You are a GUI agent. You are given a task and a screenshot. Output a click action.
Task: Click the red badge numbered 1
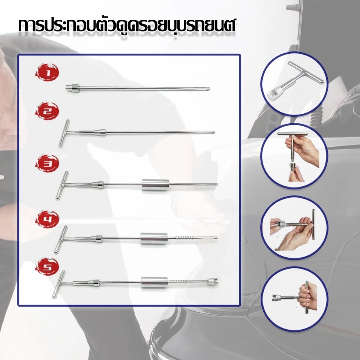click(47, 72)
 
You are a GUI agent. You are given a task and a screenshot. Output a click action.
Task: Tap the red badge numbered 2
click(47, 111)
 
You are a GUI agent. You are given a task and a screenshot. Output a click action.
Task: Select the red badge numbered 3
click(47, 163)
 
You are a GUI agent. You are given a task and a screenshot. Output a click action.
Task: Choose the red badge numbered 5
click(47, 266)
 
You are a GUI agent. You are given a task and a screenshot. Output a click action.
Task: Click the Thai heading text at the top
click(127, 26)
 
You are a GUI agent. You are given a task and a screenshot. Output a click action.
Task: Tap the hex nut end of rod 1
click(72, 88)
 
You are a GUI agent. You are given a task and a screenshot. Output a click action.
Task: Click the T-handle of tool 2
click(64, 133)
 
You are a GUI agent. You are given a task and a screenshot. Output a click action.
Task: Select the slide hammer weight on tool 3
click(155, 184)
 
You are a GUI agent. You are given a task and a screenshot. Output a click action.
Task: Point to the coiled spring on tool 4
click(184, 238)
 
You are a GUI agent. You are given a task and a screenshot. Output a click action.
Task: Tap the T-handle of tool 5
click(58, 284)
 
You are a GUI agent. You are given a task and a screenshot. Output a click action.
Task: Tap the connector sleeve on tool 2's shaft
click(100, 132)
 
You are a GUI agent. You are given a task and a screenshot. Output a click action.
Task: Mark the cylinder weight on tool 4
click(154, 238)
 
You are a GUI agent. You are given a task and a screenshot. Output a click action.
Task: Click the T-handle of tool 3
click(62, 185)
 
